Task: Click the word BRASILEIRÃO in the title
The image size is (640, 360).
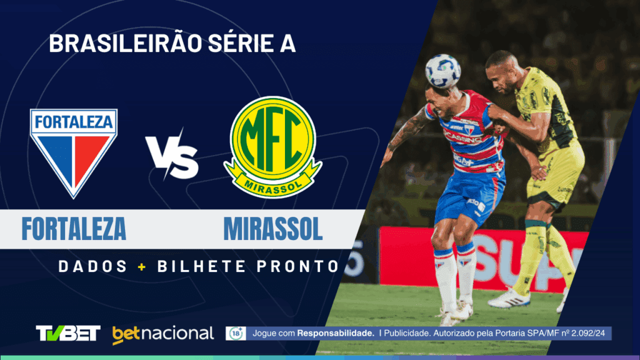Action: tap(118, 44)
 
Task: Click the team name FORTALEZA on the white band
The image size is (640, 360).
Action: tap(74, 229)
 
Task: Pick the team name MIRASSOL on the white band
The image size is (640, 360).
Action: tap(273, 229)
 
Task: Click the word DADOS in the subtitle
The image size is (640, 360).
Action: tap(93, 266)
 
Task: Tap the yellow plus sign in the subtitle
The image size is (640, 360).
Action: tap(142, 266)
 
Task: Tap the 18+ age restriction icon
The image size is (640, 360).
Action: tap(236, 333)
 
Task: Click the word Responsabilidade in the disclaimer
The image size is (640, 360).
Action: tap(336, 334)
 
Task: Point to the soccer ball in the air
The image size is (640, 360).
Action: tap(442, 71)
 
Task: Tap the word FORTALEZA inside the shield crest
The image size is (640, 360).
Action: tap(74, 121)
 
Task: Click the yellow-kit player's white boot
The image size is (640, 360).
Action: tap(509, 299)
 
